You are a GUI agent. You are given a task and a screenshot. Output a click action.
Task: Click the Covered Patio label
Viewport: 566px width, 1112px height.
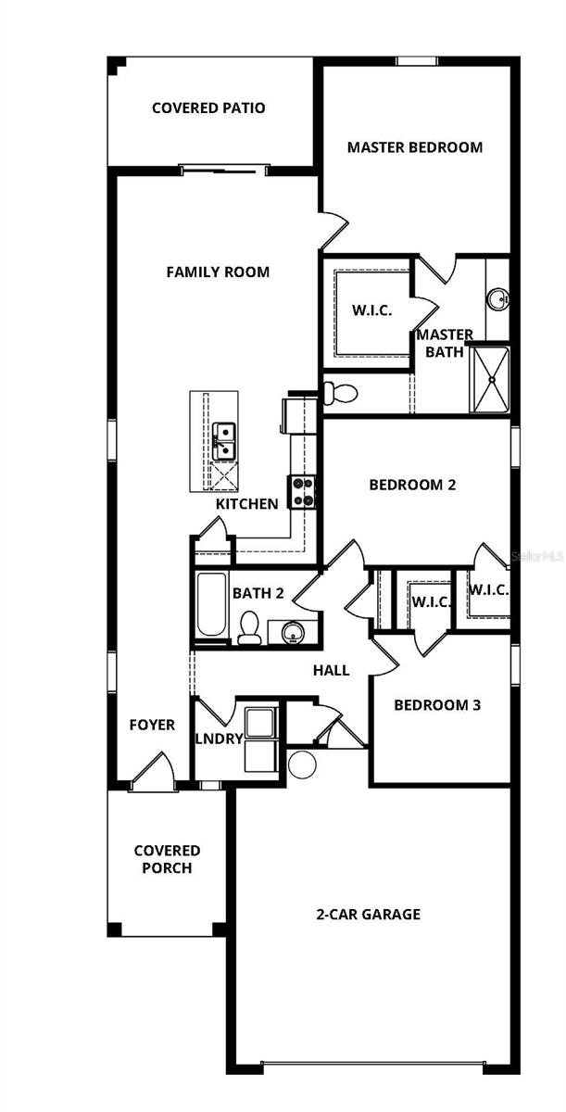coord(208,108)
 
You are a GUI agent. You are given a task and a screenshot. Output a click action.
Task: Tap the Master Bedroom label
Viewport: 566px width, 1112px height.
coord(414,146)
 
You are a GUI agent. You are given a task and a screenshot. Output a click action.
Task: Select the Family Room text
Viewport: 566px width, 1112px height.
coord(218,272)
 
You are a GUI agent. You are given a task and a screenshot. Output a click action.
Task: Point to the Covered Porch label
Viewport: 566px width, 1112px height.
coord(167,859)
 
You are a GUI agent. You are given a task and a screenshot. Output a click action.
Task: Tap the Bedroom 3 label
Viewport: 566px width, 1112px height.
coord(437,704)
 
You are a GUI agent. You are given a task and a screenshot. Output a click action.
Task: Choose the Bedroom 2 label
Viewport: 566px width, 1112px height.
coord(412,484)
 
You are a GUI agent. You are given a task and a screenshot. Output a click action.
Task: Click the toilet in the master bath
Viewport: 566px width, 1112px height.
coord(341,392)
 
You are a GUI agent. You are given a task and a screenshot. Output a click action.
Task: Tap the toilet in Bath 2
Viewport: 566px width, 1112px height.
coord(248,629)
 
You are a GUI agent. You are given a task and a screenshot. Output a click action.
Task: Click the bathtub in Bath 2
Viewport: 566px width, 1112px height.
coord(210,606)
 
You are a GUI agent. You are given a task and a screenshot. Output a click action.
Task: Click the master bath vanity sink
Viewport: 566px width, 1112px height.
coord(497,298)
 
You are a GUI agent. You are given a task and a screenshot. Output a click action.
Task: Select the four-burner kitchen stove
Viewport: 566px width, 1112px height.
coord(302,491)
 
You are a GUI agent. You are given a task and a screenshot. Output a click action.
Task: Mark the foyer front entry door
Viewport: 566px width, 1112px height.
coord(154,773)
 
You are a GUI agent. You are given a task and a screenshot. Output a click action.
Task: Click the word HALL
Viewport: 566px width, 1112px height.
coord(331,670)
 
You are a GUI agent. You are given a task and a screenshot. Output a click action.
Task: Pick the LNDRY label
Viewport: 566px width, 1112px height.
coord(219,739)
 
